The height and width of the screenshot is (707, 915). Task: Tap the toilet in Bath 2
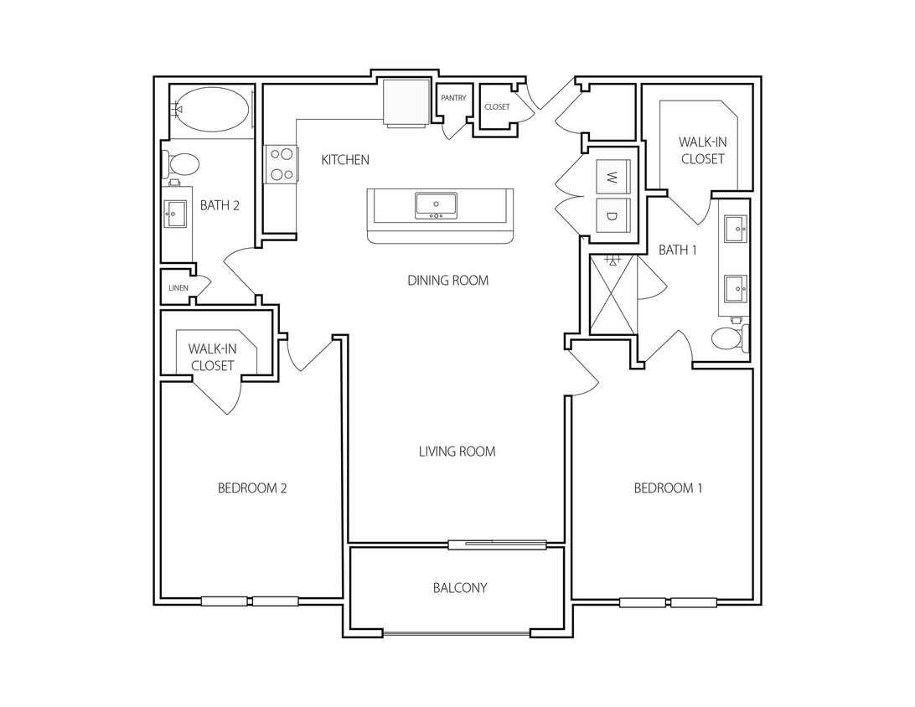181,164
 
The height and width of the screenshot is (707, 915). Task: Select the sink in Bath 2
175,214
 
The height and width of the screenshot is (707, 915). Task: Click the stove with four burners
281,164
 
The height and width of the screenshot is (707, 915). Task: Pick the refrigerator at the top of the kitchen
406,102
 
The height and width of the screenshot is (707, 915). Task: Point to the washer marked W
612,177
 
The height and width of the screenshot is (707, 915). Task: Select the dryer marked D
612,216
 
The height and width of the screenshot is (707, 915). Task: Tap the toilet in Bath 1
727,338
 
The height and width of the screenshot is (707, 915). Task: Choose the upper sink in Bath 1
735,225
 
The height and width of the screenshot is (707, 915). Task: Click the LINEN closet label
178,288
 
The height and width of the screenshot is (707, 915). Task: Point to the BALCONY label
459,588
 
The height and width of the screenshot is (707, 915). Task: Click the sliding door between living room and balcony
498,544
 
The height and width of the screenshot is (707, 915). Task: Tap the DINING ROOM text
447,281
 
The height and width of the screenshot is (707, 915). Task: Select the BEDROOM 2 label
252,488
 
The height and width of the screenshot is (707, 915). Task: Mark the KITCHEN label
345,159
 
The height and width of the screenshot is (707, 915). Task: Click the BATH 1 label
677,250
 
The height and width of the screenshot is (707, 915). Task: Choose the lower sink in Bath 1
735,288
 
